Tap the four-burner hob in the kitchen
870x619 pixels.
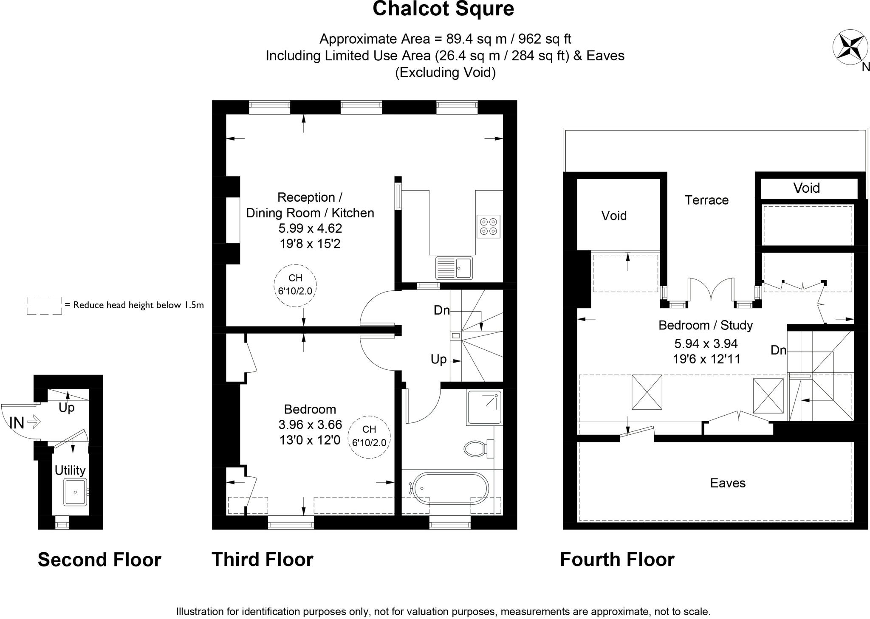pos(488,227)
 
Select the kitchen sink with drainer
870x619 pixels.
pos(454,268)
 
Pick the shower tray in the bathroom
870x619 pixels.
pos(484,408)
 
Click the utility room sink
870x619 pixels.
pos(75,492)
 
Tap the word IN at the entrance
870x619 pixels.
pos(17,423)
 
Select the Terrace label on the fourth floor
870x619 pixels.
pos(706,200)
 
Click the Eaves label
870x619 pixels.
pos(728,483)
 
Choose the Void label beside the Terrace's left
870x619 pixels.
pos(614,216)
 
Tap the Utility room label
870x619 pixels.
pos(70,470)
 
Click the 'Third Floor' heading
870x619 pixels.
pos(263,559)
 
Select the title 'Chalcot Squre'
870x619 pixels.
pos(443,8)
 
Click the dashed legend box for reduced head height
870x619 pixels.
pos(44,305)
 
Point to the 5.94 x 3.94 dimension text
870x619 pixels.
pos(706,343)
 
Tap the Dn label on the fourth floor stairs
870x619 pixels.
pos(779,350)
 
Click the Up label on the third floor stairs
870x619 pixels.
pos(439,360)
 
